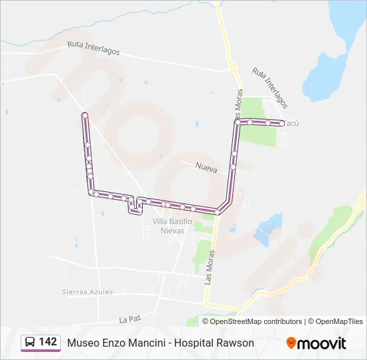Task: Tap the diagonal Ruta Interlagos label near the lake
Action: [270, 87]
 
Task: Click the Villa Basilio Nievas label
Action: [172, 225]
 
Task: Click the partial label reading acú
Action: [292, 123]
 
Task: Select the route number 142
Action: [47, 342]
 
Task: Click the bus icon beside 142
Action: [31, 342]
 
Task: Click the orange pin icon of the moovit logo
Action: [291, 343]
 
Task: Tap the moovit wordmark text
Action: [322, 343]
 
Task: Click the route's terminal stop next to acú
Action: [282, 123]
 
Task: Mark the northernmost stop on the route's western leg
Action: [85, 115]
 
